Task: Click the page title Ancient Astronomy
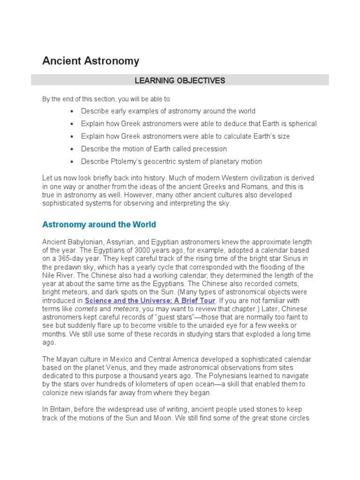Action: click(90, 61)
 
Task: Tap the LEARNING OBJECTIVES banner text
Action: click(180, 81)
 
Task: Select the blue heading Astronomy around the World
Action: click(99, 225)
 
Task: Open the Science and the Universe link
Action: click(150, 300)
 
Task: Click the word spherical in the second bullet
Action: click(300, 124)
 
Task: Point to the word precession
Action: click(206, 149)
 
